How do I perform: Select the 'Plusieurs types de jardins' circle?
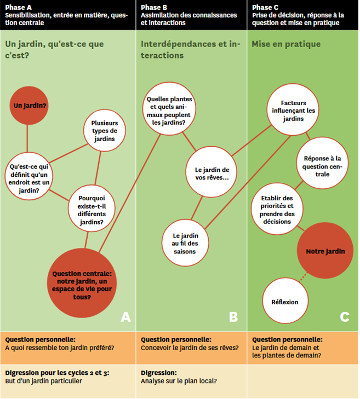pos(104,131)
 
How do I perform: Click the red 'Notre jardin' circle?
pos(325,251)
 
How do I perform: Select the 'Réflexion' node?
pos(285,302)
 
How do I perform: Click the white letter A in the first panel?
pos(125,316)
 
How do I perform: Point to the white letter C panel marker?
pos(345,316)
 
